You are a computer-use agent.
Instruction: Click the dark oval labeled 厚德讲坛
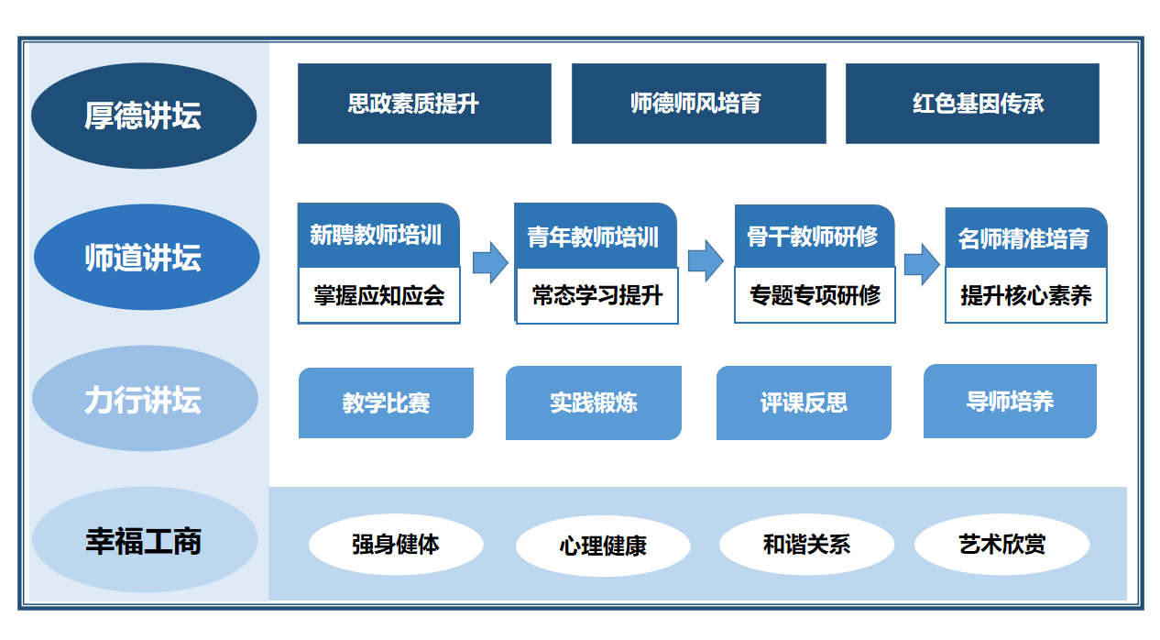click(x=144, y=116)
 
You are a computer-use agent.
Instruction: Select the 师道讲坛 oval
click(x=147, y=257)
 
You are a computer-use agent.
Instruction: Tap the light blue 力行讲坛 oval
click(x=145, y=399)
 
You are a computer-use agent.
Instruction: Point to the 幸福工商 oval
click(x=145, y=539)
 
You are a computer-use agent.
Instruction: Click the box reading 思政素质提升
click(x=424, y=104)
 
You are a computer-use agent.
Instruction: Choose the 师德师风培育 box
click(x=698, y=104)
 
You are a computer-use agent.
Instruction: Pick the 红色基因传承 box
click(x=972, y=104)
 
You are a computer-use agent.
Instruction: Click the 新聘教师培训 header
click(x=378, y=236)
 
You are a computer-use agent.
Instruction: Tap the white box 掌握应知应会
click(x=379, y=295)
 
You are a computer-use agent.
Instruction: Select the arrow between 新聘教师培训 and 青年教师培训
click(x=490, y=262)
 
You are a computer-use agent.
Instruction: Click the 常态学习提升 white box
click(x=597, y=295)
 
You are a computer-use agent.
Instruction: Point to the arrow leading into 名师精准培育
click(x=922, y=264)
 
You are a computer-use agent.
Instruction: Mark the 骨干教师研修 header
click(x=815, y=237)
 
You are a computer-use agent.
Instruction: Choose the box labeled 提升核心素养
click(x=1026, y=295)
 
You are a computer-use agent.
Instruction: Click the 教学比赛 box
click(x=386, y=403)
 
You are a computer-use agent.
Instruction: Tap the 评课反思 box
click(x=804, y=403)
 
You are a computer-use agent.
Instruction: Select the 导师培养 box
click(x=1010, y=401)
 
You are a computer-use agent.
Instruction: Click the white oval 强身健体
click(x=396, y=545)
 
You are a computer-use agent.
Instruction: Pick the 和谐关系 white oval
click(x=806, y=545)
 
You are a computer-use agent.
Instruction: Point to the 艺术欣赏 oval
click(x=1002, y=545)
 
